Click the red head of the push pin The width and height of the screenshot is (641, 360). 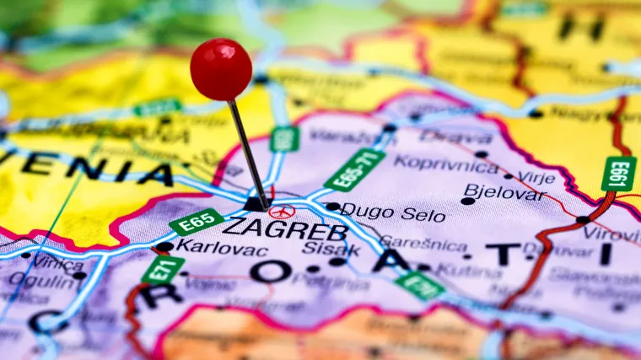click(x=221, y=69)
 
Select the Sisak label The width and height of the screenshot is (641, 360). click(x=341, y=250)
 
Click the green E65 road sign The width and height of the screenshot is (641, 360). click(x=197, y=222)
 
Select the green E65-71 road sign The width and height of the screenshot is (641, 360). click(x=354, y=169)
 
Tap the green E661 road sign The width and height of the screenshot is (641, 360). click(x=618, y=173)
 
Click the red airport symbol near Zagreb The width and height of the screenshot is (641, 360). click(x=282, y=211)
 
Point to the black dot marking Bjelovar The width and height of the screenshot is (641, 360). click(x=468, y=201)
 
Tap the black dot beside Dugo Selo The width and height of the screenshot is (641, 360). click(x=332, y=207)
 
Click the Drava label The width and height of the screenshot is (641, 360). click(x=455, y=137)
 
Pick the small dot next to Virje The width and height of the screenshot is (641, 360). click(x=508, y=176)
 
